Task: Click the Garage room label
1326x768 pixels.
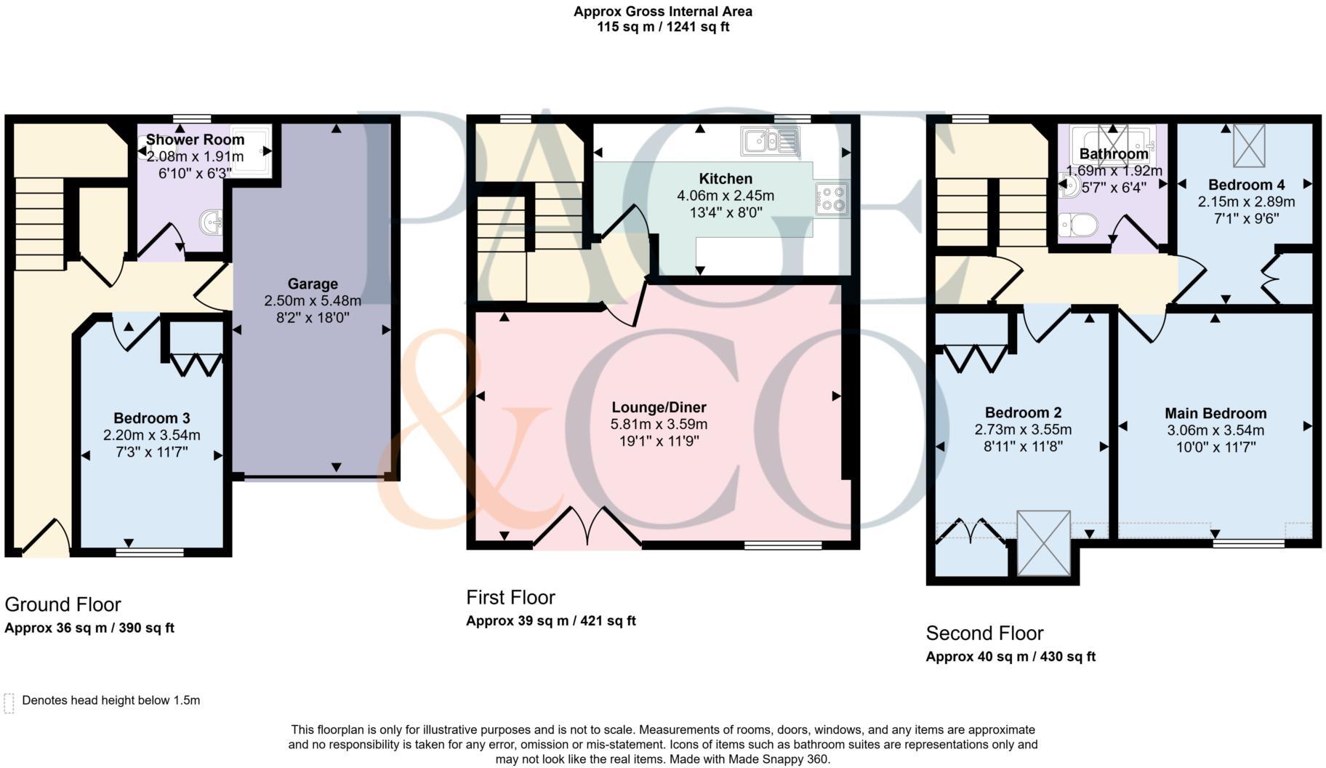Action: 313,284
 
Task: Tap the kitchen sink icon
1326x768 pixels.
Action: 769,140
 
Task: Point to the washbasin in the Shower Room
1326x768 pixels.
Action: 212,221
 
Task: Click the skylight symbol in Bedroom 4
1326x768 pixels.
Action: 1248,145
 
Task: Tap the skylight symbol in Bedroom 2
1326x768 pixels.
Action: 1043,543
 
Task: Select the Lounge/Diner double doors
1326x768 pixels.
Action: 587,527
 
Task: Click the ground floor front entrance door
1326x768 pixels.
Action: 47,539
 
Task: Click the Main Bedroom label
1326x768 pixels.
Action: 1215,413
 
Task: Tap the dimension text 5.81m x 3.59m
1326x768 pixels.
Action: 659,424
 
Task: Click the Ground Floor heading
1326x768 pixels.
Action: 63,604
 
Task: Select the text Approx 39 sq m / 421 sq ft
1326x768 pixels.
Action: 550,621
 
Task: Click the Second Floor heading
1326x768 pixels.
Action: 984,633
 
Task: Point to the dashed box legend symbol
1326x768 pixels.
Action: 9,703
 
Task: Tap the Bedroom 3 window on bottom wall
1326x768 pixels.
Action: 150,552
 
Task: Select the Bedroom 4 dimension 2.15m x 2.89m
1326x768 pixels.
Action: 1246,201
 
